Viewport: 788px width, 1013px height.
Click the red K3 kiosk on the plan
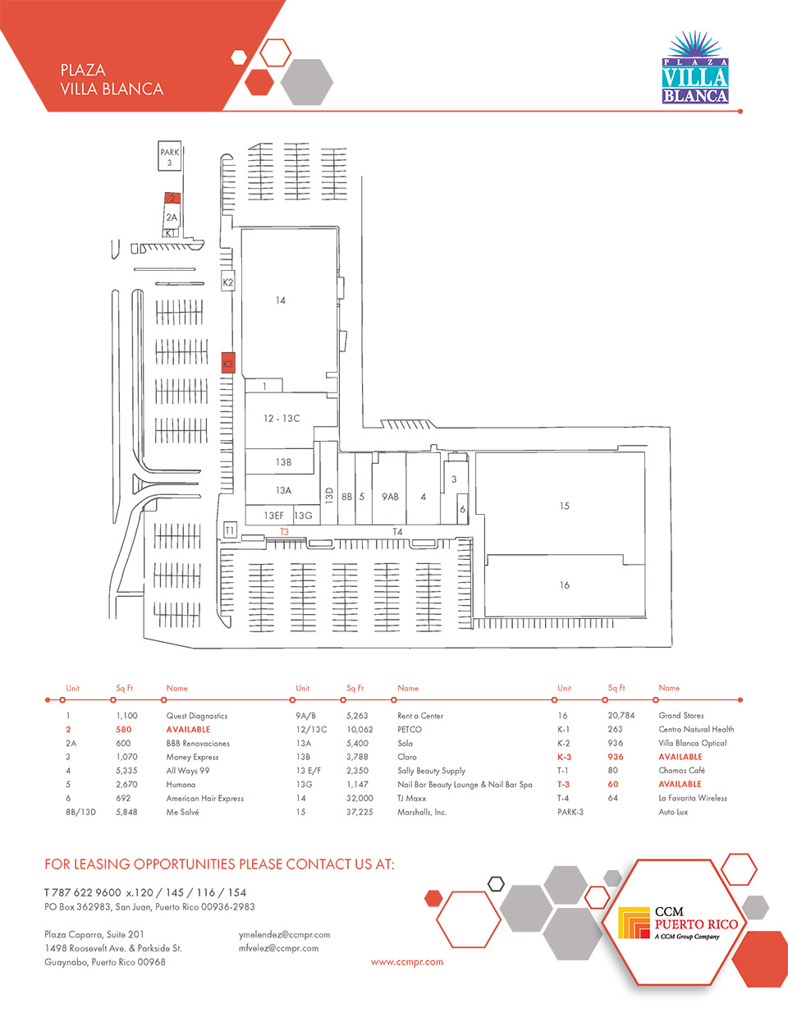click(228, 362)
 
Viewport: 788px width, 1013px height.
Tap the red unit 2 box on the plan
click(172, 198)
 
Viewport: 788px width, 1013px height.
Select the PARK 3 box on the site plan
click(170, 156)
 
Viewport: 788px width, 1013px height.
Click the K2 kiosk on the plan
click(227, 281)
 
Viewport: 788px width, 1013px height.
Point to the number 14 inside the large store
click(281, 300)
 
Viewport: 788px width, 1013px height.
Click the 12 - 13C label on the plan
click(282, 418)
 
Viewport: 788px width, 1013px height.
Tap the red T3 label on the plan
click(284, 531)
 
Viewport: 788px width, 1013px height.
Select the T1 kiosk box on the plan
click(230, 529)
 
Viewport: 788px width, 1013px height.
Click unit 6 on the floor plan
click(462, 509)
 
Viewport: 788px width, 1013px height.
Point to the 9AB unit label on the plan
click(390, 497)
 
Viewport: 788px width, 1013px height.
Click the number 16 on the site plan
click(564, 585)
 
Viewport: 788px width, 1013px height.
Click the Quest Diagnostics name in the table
click(197, 716)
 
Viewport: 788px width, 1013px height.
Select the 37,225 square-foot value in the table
click(360, 812)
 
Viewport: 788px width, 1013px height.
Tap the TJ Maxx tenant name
click(411, 798)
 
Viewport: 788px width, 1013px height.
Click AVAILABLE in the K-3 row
click(680, 757)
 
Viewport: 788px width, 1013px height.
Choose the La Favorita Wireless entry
click(693, 798)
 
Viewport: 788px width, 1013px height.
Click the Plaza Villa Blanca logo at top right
click(695, 67)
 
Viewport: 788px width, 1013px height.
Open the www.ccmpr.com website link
click(407, 962)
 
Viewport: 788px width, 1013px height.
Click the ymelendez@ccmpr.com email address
click(284, 935)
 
